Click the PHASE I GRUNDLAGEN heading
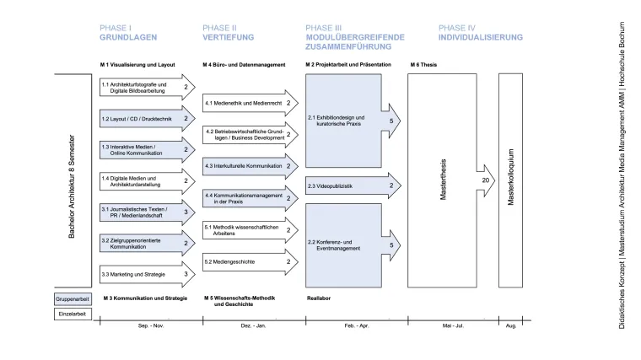click(x=128, y=33)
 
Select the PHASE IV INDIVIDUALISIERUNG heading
click(x=480, y=33)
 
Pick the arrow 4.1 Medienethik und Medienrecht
click(x=249, y=104)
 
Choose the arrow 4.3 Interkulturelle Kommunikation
click(x=249, y=166)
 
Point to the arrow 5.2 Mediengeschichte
click(x=249, y=261)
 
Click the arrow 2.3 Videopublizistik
click(x=353, y=185)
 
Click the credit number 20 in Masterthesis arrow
click(x=485, y=180)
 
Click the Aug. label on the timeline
click(x=510, y=325)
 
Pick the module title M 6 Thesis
click(x=424, y=64)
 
